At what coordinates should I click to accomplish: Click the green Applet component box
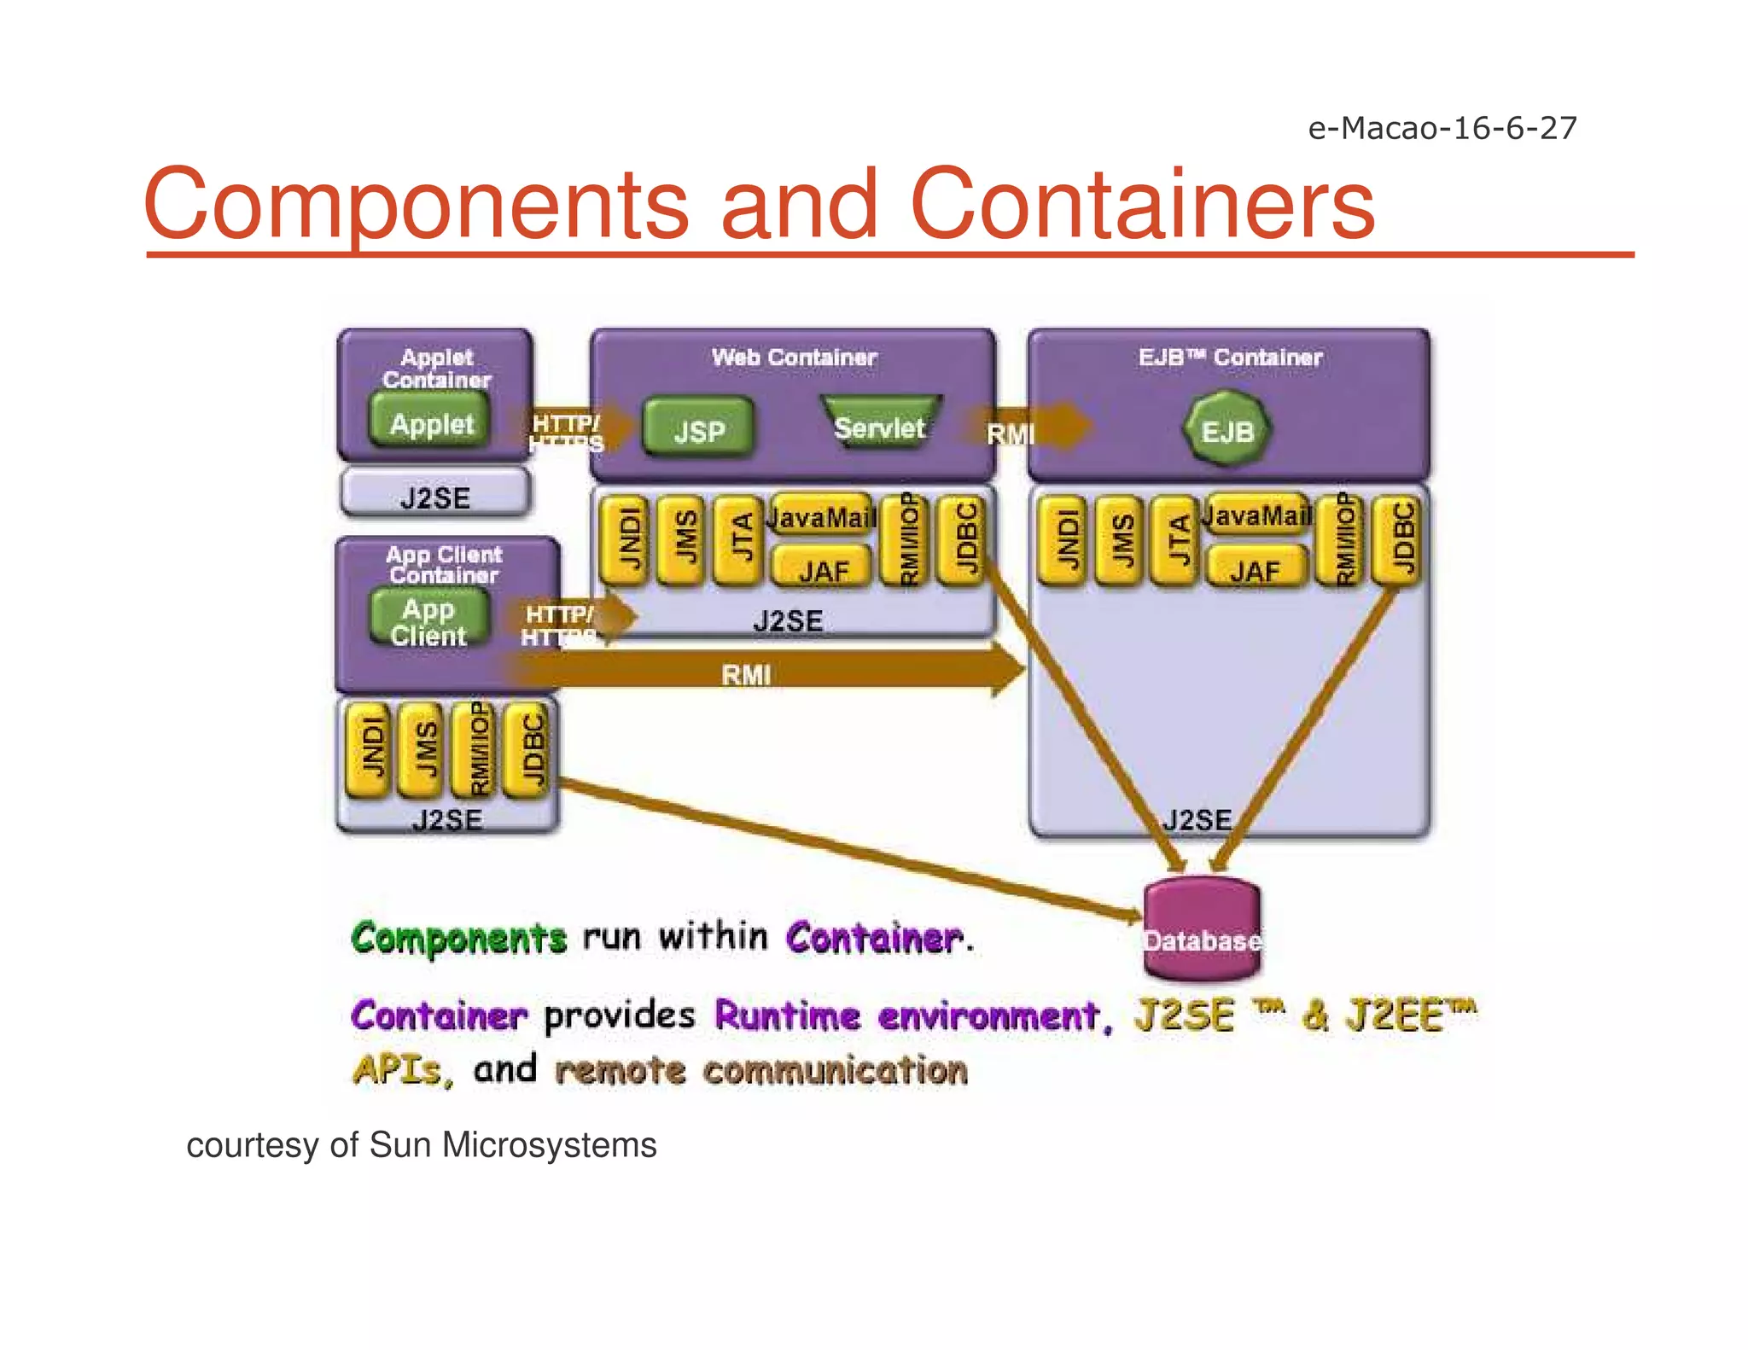(431, 422)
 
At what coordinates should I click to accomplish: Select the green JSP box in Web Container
(698, 428)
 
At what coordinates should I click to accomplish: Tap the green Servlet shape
(880, 425)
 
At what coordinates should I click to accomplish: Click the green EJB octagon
(1227, 429)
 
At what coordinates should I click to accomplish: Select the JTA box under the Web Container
(740, 539)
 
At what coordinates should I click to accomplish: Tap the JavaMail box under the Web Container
(822, 515)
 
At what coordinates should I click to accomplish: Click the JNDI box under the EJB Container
(1063, 539)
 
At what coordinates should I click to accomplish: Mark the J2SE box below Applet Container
(435, 495)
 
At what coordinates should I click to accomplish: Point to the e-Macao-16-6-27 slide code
(1442, 128)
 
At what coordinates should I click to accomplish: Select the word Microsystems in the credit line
(549, 1145)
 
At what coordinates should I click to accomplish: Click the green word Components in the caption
(459, 938)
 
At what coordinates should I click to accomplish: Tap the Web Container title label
(794, 357)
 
